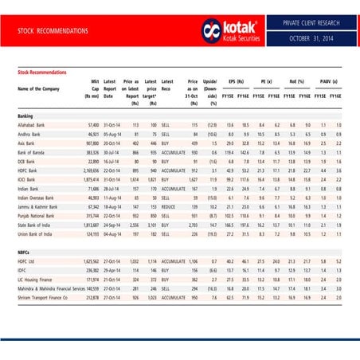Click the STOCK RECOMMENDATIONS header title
click(53, 30)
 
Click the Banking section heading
click(25, 115)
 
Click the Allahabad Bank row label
click(33, 126)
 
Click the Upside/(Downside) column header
click(210, 88)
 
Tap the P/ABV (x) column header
click(328, 81)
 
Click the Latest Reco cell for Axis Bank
click(167, 143)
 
